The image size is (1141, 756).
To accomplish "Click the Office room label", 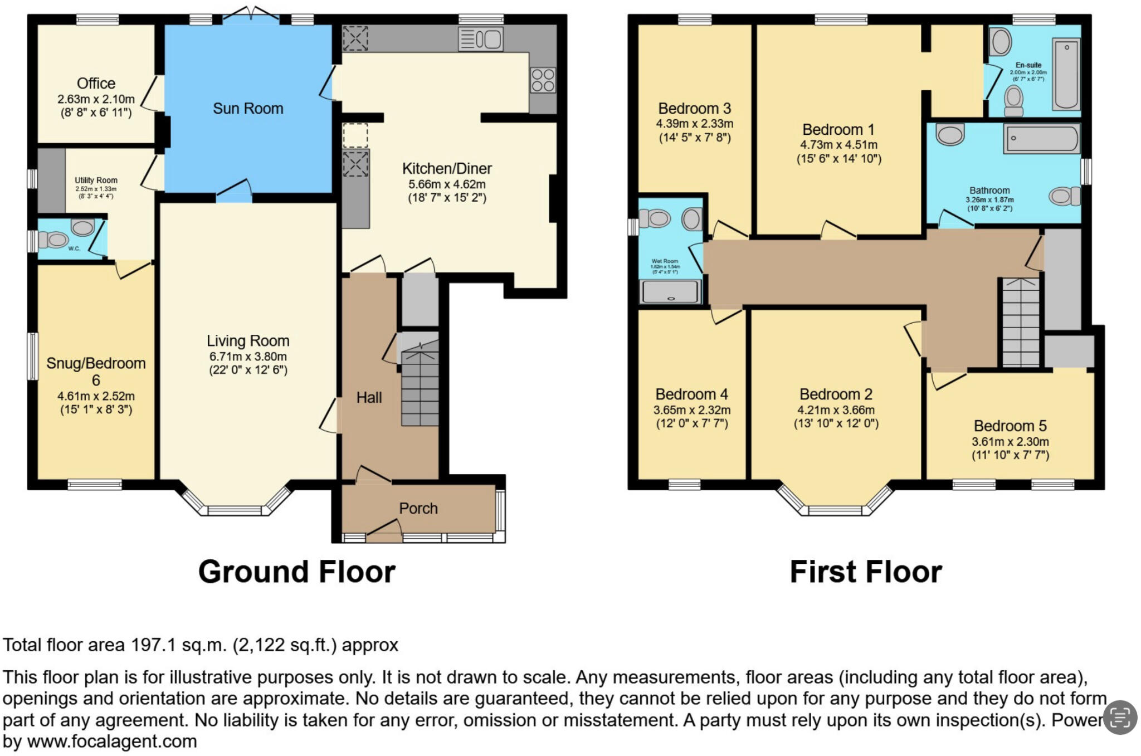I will pyautogui.click(x=96, y=84).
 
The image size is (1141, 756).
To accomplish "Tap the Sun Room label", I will pyautogui.click(x=248, y=109).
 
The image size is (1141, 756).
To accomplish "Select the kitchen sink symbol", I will pyautogui.click(x=480, y=40).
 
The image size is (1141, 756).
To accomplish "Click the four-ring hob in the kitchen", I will pyautogui.click(x=543, y=80).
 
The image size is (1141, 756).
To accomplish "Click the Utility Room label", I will pyautogui.click(x=96, y=180).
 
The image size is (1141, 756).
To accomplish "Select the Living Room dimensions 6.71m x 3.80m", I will pyautogui.click(x=248, y=357).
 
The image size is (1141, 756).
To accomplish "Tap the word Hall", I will pyautogui.click(x=369, y=397).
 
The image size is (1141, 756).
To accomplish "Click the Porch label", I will pyautogui.click(x=418, y=508).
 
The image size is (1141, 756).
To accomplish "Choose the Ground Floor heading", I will pyautogui.click(x=296, y=572).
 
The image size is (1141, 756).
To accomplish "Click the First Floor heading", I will pyautogui.click(x=866, y=572).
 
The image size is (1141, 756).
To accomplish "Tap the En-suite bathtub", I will pyautogui.click(x=1066, y=74).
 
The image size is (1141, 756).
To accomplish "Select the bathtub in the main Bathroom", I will pyautogui.click(x=1041, y=138).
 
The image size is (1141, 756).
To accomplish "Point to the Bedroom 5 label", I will pyautogui.click(x=1010, y=426).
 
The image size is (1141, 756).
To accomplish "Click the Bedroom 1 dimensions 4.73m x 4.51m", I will pyautogui.click(x=838, y=145).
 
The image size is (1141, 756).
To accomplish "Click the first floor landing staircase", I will pyautogui.click(x=1021, y=323).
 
